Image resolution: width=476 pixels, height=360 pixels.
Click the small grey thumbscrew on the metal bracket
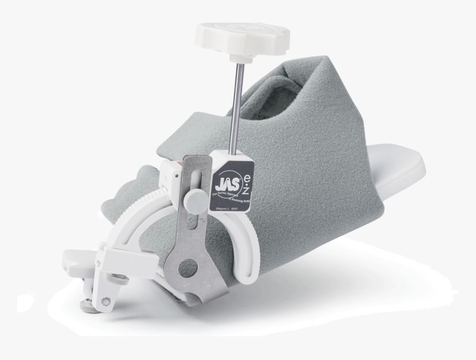pyautogui.click(x=194, y=199)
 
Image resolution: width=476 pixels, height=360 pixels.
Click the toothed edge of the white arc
pyautogui.click(x=136, y=222)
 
